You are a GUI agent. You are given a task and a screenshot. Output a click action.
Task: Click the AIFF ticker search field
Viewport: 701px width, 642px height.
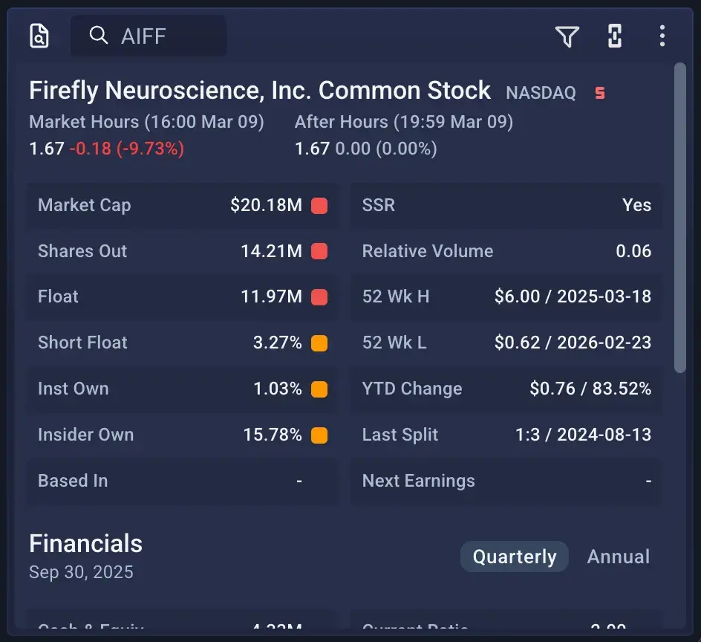[x=149, y=36]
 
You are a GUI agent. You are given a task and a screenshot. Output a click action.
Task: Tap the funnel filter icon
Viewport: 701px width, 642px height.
[x=567, y=36]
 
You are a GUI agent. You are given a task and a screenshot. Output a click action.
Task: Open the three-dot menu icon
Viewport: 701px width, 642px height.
[x=662, y=36]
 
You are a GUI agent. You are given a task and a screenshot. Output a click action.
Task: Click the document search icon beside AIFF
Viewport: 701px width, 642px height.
[x=39, y=36]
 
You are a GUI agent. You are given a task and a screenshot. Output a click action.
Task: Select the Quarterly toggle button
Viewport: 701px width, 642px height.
[x=515, y=557]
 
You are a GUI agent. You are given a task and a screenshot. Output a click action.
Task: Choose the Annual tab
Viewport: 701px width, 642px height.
[x=619, y=557]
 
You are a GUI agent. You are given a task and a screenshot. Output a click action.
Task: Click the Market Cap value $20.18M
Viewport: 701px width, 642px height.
[x=266, y=206]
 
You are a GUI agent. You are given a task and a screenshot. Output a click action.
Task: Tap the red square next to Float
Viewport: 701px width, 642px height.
[x=319, y=297]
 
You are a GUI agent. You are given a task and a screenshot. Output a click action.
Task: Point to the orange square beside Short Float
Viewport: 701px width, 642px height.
[x=319, y=343]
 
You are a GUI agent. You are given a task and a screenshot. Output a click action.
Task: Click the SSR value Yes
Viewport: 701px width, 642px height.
[x=636, y=206]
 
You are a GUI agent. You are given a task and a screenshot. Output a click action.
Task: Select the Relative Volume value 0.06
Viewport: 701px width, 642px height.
[x=633, y=251]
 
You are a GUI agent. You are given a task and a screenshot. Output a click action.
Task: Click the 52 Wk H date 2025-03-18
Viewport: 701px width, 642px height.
[x=604, y=297]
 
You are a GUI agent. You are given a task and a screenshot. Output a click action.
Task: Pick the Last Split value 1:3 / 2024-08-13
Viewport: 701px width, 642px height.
[x=583, y=435]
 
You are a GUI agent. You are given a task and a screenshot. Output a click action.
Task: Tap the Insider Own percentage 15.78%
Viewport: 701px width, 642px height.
[x=273, y=435]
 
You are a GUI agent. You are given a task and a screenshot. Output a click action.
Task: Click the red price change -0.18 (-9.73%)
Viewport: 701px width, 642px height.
[x=127, y=149]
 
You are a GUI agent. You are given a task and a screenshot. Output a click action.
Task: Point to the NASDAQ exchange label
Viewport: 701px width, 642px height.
[x=541, y=94]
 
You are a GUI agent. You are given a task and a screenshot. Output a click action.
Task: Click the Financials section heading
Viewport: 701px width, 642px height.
[x=85, y=544]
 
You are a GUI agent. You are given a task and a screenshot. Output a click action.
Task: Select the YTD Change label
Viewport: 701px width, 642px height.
[x=412, y=389]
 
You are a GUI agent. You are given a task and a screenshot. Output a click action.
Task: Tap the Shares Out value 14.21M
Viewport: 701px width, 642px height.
[x=271, y=251]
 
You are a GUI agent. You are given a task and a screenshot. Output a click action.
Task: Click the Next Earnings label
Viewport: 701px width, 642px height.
[x=419, y=481]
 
